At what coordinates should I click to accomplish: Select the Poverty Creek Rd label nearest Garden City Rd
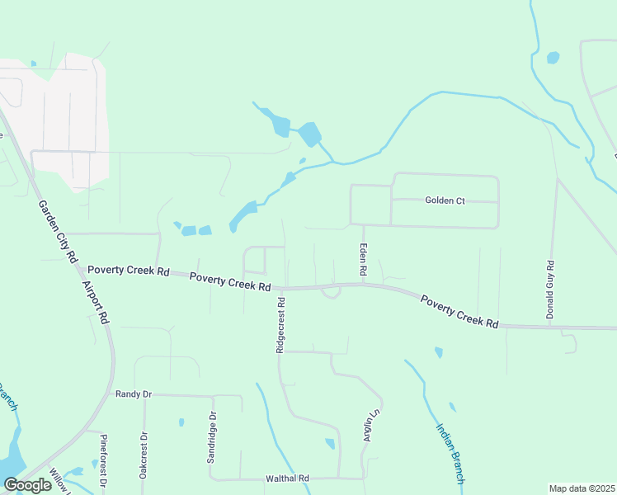point(128,271)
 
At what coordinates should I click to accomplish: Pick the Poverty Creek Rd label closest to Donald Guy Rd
point(459,313)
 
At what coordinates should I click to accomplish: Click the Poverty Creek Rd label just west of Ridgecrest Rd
point(230,281)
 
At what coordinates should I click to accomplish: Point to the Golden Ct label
point(445,200)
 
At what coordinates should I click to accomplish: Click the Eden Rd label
point(361,259)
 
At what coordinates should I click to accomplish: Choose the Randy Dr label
point(134,394)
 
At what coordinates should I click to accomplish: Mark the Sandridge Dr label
point(212,437)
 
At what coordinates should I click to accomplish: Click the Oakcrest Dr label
point(143,455)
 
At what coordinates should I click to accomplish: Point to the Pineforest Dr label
point(104,460)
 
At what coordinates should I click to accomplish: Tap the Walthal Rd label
point(286,478)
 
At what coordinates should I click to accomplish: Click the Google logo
point(27,485)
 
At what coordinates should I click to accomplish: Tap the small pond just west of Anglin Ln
point(331,443)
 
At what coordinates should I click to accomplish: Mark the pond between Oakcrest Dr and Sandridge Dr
point(181,423)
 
